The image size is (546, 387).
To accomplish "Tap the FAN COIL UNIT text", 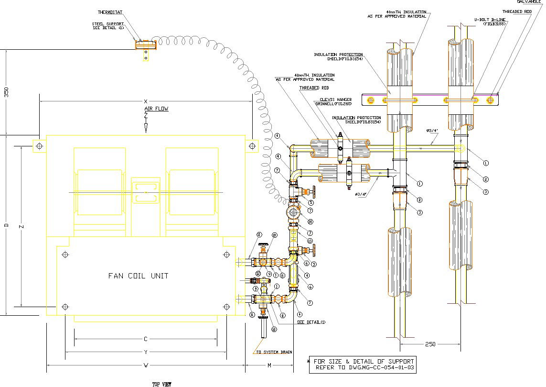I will (138, 276).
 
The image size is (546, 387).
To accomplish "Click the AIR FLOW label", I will (156, 109).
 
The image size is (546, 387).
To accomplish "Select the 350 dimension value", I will (6, 92).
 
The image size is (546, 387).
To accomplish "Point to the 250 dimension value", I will (430, 344).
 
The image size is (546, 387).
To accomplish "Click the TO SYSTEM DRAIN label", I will (273, 352).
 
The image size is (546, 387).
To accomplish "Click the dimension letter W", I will (146, 365).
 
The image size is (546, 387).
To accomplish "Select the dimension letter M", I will (269, 365).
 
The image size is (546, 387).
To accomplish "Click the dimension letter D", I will (6, 225).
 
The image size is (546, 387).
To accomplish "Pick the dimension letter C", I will (146, 339).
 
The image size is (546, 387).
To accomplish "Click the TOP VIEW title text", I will (162, 384).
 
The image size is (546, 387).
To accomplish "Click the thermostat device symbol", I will (146, 44).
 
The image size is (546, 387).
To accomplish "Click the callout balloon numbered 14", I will (310, 221).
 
